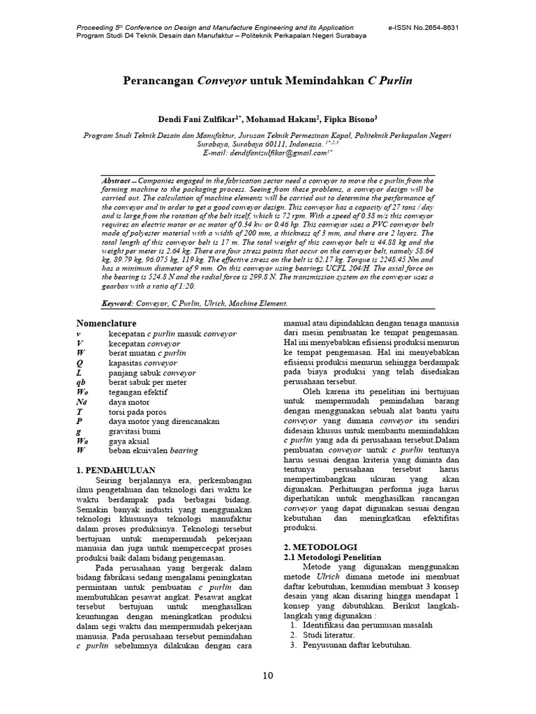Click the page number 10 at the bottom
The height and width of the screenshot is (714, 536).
268,675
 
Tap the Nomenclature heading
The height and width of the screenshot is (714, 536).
106,324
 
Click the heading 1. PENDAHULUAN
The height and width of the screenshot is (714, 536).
115,471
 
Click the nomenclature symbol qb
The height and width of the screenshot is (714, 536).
81,382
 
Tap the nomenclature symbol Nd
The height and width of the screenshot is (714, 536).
82,402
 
